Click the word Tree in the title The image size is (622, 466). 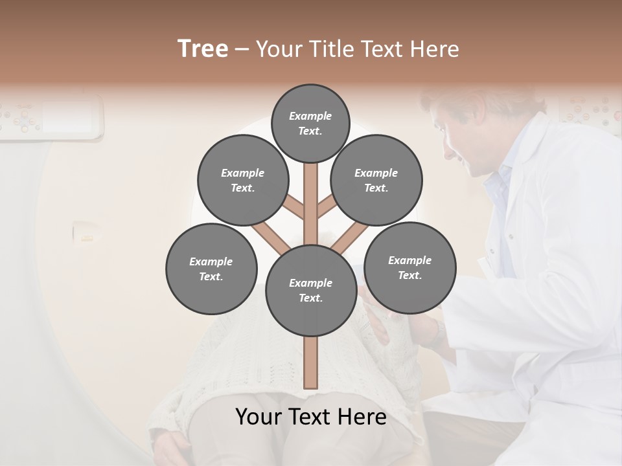tap(203, 49)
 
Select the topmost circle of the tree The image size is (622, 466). tap(310, 123)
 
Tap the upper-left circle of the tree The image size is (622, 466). tap(242, 181)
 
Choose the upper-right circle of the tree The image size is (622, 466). tap(376, 181)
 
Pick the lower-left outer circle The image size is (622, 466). tap(211, 269)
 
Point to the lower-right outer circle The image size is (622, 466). tap(409, 267)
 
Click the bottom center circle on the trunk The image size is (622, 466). tap(310, 290)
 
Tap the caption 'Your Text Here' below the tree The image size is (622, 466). tap(310, 417)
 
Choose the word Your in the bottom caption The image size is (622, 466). tap(258, 417)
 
